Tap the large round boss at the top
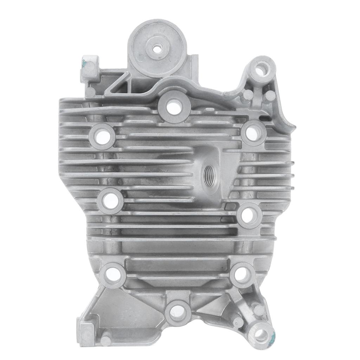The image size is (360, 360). pyautogui.click(x=156, y=48)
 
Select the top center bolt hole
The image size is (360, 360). pyautogui.click(x=173, y=107)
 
